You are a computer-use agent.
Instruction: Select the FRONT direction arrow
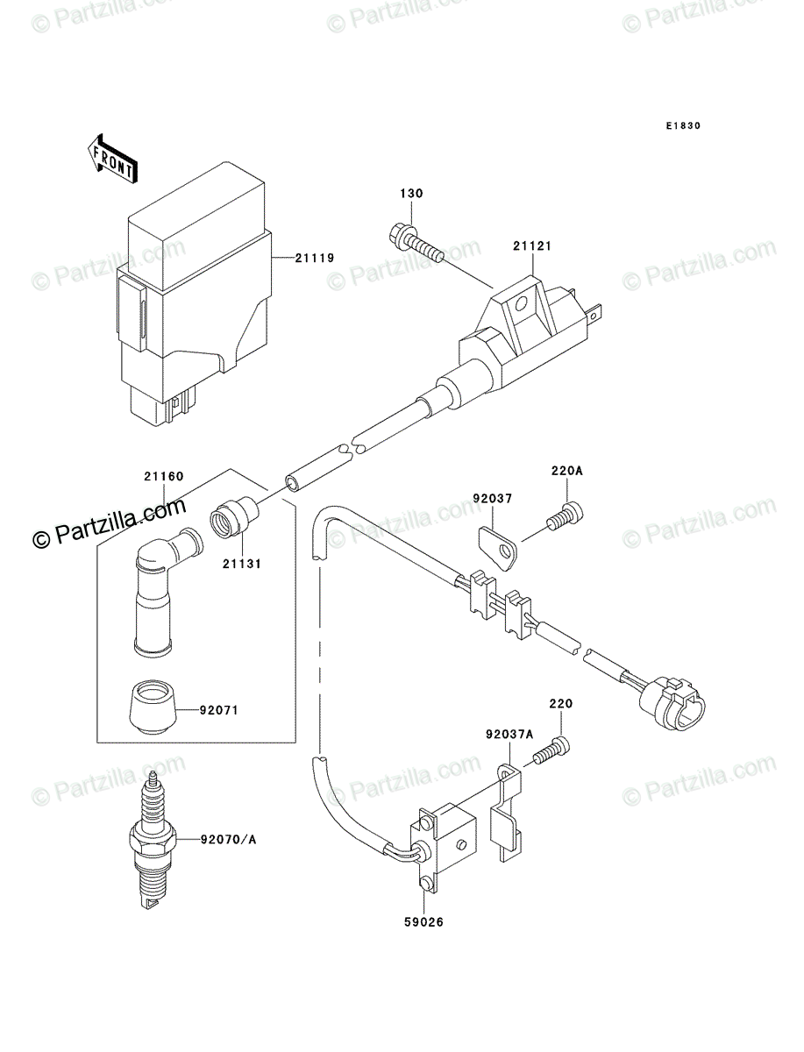tap(110, 158)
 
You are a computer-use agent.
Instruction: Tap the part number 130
tap(412, 194)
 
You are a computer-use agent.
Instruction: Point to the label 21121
tap(531, 248)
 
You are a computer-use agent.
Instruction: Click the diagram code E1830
tap(682, 126)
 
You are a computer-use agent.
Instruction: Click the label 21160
tap(164, 478)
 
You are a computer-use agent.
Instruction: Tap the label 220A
tap(566, 471)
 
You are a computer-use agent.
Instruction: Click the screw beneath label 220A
tap(563, 517)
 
